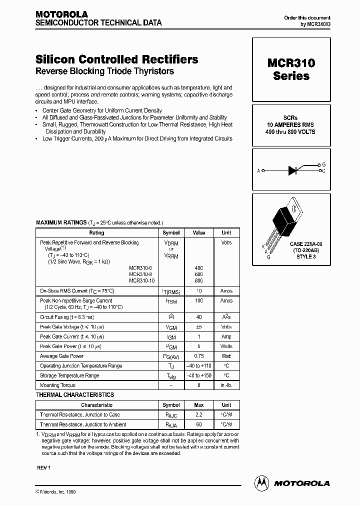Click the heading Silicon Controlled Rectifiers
[x=117, y=59]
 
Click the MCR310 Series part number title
[x=291, y=69]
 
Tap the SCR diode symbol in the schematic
[x=293, y=170]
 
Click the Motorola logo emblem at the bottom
[x=261, y=483]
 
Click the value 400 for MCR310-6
[x=199, y=268]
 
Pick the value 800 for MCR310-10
[x=199, y=280]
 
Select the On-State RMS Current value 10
[x=199, y=290]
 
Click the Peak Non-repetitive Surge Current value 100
[x=199, y=301]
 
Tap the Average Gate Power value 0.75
[x=199, y=356]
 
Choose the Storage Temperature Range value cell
[x=199, y=375]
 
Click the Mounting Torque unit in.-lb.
[x=226, y=385]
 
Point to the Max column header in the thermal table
[x=199, y=405]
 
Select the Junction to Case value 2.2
[x=199, y=414]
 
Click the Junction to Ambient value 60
[x=199, y=424]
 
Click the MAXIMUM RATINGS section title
[x=61, y=222]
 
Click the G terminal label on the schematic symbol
[x=324, y=164]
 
